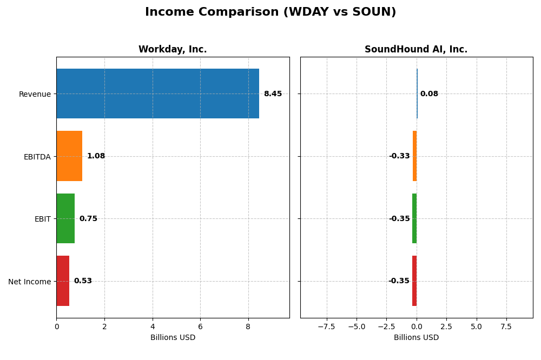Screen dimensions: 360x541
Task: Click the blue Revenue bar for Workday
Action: [157, 94]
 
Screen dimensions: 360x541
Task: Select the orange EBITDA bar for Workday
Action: [69, 156]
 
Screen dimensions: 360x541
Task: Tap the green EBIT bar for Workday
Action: [65, 218]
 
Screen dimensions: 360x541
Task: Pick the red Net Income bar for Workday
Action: [63, 281]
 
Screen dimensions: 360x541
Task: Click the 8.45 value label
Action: [273, 94]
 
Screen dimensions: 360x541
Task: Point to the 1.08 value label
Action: [96, 156]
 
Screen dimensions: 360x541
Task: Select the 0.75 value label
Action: [88, 219]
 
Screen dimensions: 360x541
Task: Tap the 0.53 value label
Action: [83, 281]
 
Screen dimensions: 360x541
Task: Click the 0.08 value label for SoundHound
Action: [429, 94]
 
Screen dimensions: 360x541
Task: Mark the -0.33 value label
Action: [399, 156]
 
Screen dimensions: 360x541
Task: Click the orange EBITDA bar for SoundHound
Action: [414, 156]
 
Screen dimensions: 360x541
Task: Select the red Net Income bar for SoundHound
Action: [414, 281]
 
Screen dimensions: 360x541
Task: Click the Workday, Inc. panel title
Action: [173, 50]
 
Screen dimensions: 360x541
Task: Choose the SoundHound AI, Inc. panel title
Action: [416, 50]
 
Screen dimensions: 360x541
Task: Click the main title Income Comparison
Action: [270, 12]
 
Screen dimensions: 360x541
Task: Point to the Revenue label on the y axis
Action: [35, 95]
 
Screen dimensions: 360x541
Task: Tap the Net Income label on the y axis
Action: [29, 282]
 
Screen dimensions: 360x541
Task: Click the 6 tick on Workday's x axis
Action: [200, 327]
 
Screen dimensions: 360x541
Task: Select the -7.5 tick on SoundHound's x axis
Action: [326, 327]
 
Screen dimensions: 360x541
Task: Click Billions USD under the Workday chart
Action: [173, 338]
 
